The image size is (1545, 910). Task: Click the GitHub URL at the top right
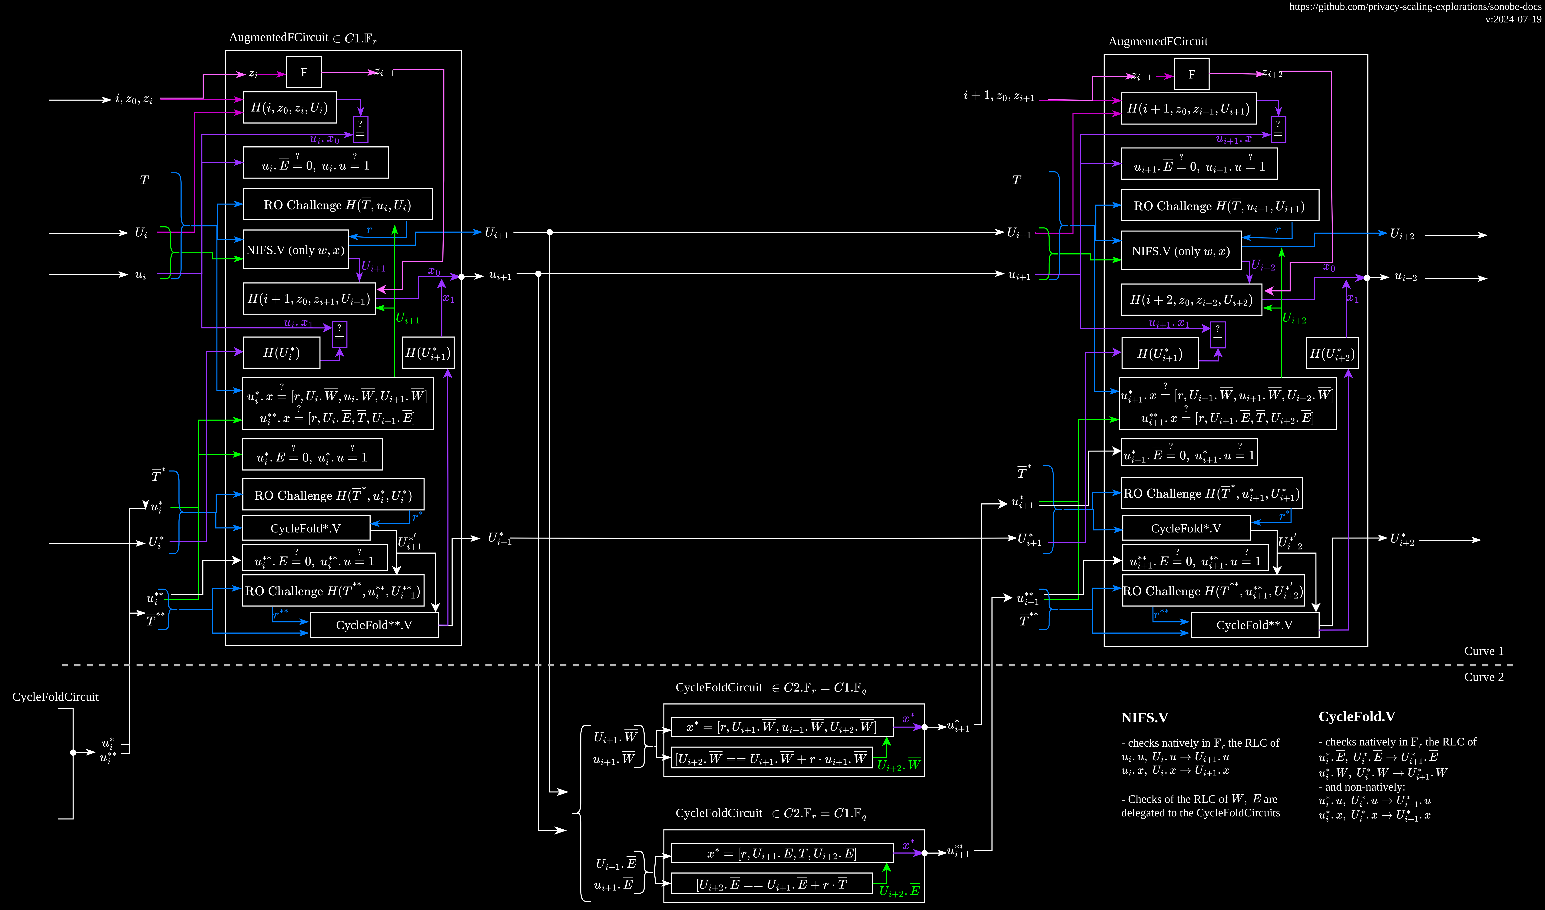pyautogui.click(x=1415, y=7)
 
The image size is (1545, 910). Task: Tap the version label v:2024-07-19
pyautogui.click(x=1513, y=19)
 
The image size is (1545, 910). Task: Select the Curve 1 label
pyautogui.click(x=1484, y=651)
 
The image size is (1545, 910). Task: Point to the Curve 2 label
pyautogui.click(x=1484, y=677)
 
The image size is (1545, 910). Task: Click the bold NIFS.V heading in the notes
pyautogui.click(x=1144, y=717)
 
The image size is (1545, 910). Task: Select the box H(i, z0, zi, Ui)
pyautogui.click(x=290, y=108)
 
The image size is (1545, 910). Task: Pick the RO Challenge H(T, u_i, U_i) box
pyautogui.click(x=337, y=205)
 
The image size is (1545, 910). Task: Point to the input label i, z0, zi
pyautogui.click(x=134, y=99)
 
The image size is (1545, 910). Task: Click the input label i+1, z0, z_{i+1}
pyautogui.click(x=999, y=96)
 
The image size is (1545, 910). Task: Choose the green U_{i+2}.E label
pyautogui.click(x=899, y=891)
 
